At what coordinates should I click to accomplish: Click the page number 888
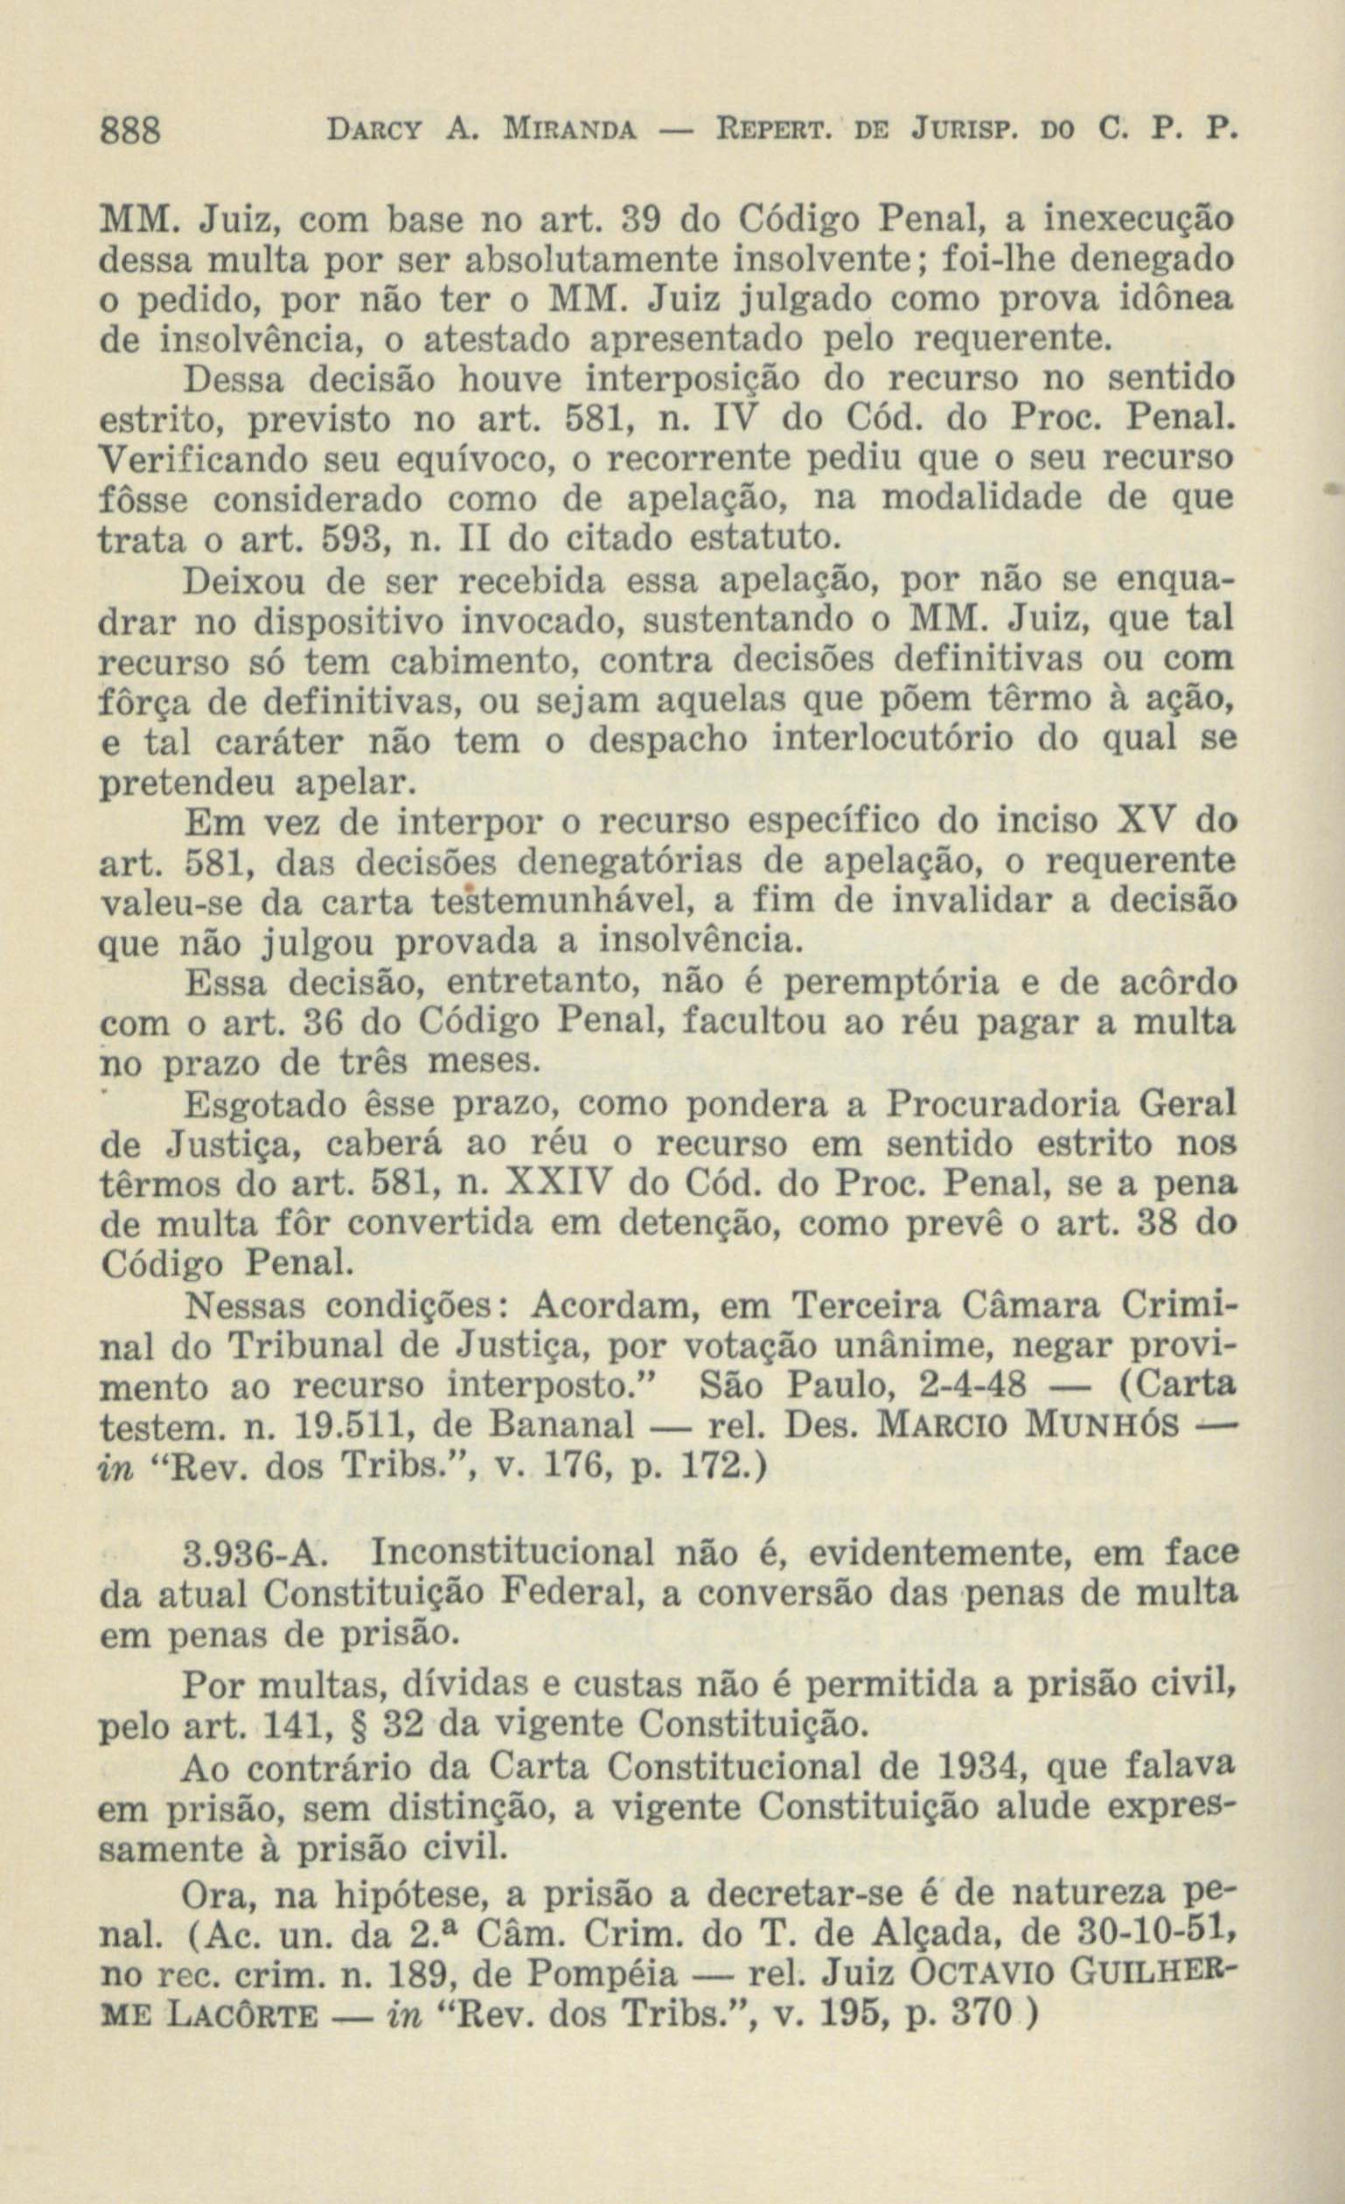click(129, 131)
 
